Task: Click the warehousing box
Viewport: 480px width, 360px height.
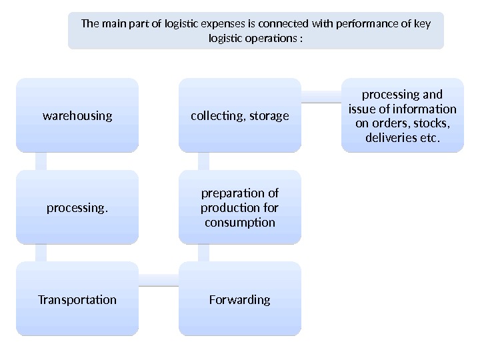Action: pyautogui.click(x=77, y=115)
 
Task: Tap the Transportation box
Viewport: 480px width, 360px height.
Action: pyautogui.click(x=77, y=299)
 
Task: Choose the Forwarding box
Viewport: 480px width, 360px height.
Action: pyautogui.click(x=239, y=299)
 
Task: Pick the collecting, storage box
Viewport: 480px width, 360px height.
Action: pyautogui.click(x=239, y=115)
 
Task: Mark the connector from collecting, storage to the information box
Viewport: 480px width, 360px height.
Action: pyautogui.click(x=321, y=97)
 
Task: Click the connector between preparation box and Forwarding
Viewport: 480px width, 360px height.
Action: pyautogui.click(x=203, y=253)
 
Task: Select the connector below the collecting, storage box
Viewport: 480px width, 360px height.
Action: pyautogui.click(x=203, y=161)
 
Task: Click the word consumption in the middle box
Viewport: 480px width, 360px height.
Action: pyautogui.click(x=239, y=222)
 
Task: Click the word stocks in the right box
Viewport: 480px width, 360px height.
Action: pyautogui.click(x=429, y=123)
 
